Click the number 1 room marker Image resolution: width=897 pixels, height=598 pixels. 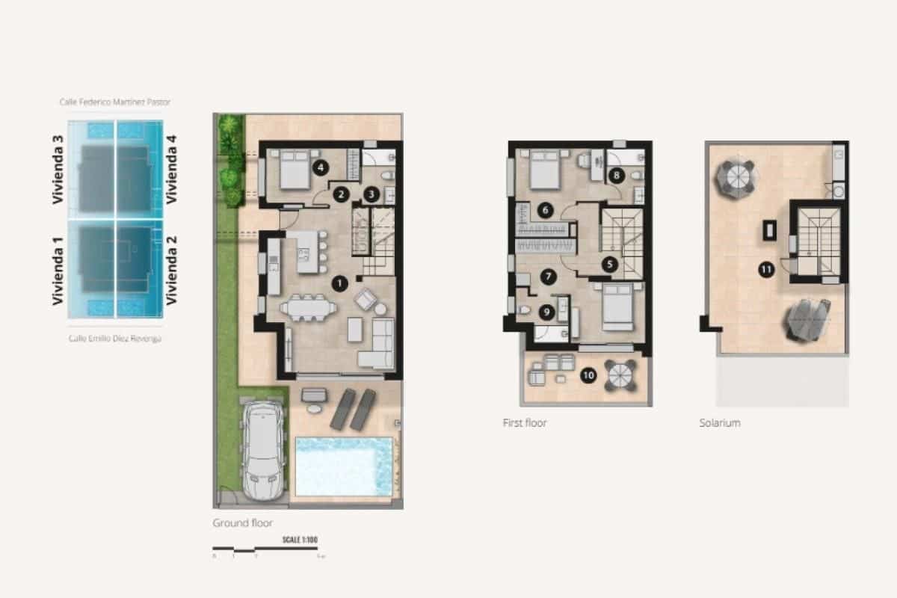(340, 283)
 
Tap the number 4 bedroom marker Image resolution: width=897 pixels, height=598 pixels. (321, 168)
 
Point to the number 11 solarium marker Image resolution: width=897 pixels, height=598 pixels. (765, 271)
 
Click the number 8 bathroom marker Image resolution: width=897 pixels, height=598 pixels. (616, 176)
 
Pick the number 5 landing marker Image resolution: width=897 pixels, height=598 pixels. (609, 263)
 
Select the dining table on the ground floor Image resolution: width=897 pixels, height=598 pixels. (308, 306)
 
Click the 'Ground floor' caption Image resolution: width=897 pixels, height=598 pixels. (243, 523)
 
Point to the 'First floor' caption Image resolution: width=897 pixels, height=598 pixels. (525, 423)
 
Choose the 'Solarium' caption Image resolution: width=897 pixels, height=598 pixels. (720, 423)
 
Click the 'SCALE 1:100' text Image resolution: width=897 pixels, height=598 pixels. (300, 540)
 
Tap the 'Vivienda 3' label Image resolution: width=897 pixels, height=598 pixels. (58, 170)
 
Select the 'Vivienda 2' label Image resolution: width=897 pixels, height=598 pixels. (172, 270)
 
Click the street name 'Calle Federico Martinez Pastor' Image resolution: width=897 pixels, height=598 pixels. (115, 102)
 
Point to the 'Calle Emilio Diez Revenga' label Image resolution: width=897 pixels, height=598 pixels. (115, 339)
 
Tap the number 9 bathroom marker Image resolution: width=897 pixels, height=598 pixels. (546, 312)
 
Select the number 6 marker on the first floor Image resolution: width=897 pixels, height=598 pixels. (546, 210)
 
